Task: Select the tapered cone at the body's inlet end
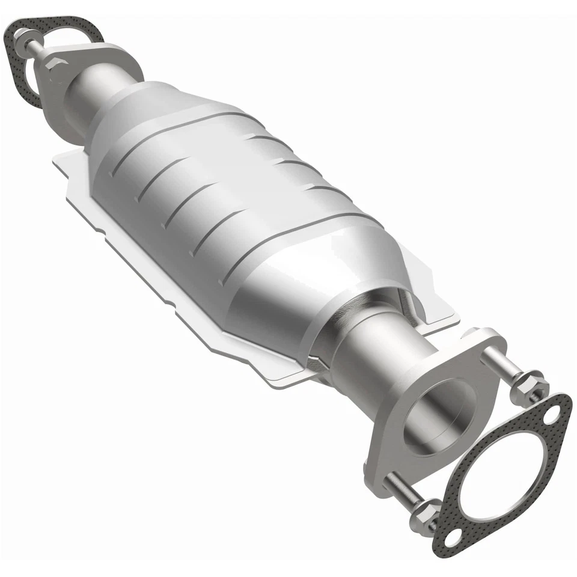coord(126,108)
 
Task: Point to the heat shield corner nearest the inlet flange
coord(60,157)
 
